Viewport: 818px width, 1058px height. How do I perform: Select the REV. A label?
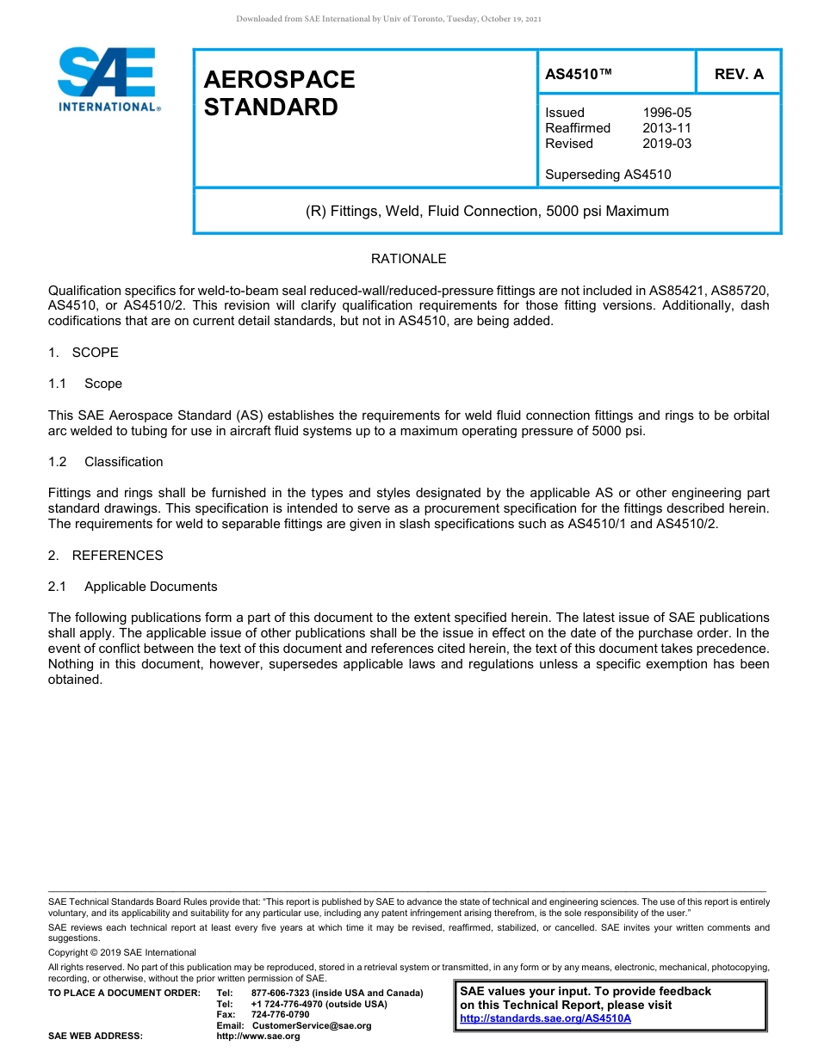pyautogui.click(x=739, y=75)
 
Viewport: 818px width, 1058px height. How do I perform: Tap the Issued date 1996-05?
pyautogui.click(x=666, y=113)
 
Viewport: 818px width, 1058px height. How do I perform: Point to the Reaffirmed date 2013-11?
pyautogui.click(x=666, y=128)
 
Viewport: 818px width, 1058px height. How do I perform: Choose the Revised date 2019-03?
pyautogui.click(x=666, y=144)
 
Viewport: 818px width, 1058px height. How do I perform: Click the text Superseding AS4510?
pyautogui.click(x=608, y=175)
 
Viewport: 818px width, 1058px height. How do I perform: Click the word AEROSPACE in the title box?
pyautogui.click(x=279, y=80)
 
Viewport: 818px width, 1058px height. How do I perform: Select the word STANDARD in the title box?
pyautogui.click(x=270, y=108)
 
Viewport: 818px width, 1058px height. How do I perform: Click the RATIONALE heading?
pyautogui.click(x=408, y=259)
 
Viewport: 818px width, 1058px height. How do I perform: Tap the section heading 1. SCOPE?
pyautogui.click(x=84, y=353)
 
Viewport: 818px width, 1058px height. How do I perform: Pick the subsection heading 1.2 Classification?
pyautogui.click(x=106, y=462)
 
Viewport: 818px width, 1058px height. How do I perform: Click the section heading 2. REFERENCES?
pyautogui.click(x=105, y=556)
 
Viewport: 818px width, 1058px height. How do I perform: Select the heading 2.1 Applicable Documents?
pyautogui.click(x=133, y=587)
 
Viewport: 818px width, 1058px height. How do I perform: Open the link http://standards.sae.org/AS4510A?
pyautogui.click(x=545, y=1018)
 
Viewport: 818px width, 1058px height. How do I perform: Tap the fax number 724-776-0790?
pyautogui.click(x=280, y=1015)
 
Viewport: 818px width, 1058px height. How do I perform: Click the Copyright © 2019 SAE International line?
pyautogui.click(x=122, y=952)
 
